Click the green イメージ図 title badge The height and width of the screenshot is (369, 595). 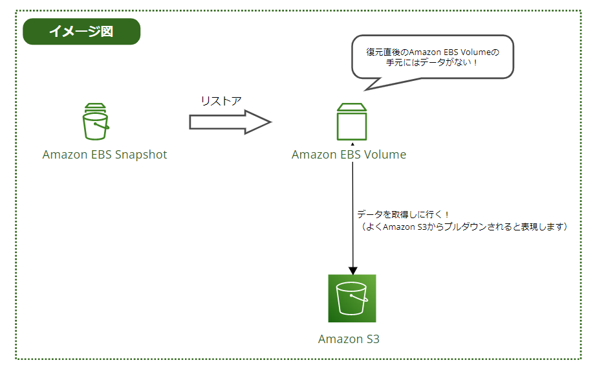coord(81,32)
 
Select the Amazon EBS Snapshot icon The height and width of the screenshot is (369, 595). coord(95,122)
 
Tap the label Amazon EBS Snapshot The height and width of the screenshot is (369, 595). coord(105,155)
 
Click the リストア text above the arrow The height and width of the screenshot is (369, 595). coord(221,101)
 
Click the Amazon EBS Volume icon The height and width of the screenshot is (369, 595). coord(351,122)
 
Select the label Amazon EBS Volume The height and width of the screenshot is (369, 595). coord(349,155)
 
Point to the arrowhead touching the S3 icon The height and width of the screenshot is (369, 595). coord(352,270)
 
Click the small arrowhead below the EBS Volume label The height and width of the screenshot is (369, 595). coord(352,144)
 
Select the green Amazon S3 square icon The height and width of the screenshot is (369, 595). coord(352,298)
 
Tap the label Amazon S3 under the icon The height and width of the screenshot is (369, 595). coord(349,339)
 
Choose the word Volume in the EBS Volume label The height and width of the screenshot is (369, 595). coord(385,155)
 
